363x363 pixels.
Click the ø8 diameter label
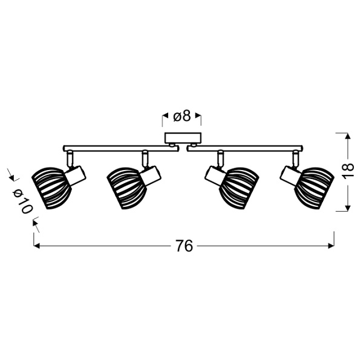pos(182,116)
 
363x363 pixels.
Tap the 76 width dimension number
pos(184,246)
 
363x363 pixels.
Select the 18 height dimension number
pos(347,172)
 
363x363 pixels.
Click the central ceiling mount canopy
pos(182,138)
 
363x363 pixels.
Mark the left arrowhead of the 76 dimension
pos(37,246)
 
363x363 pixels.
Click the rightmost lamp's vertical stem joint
pos(295,159)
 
